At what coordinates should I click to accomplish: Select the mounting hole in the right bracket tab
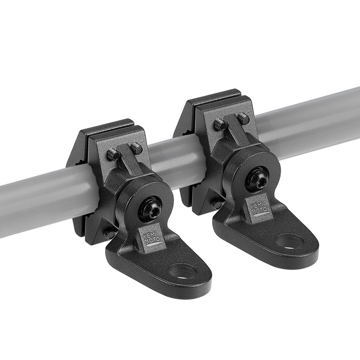(290, 241)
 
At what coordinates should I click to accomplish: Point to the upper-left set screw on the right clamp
(220, 124)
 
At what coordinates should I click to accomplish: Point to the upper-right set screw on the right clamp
(243, 118)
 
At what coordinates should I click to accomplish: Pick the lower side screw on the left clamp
(109, 234)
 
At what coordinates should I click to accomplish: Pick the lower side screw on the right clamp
(217, 203)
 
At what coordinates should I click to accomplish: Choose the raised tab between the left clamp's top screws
(127, 155)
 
